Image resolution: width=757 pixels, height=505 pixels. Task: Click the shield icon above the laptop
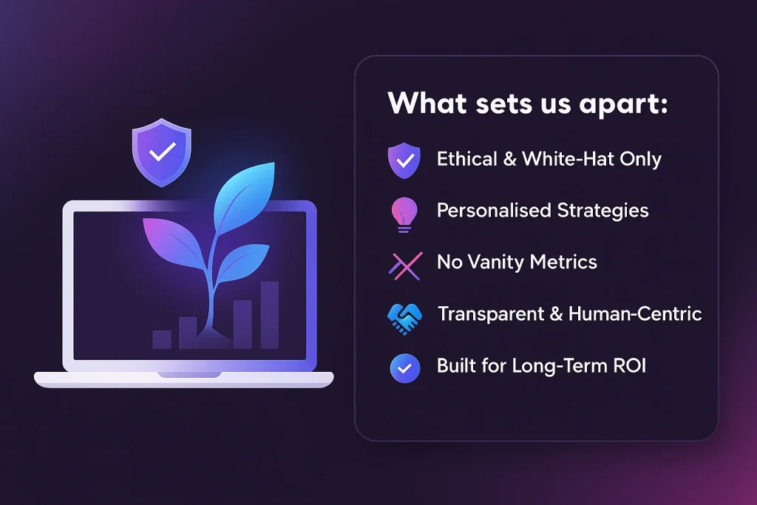162,152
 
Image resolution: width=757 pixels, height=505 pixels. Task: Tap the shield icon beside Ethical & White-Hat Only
404,160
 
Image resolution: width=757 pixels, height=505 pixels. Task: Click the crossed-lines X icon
406,266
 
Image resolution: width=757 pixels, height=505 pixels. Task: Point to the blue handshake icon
404,319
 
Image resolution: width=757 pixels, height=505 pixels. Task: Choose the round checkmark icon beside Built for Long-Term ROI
405,368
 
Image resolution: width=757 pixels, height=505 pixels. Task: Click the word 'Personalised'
494,211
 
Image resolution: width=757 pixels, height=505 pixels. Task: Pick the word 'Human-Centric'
635,313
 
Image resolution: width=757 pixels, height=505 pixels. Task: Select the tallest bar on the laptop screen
270,315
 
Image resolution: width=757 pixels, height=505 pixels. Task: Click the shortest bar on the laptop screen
162,339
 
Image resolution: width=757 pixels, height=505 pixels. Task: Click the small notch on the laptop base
189,375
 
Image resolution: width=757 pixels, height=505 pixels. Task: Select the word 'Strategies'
602,211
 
